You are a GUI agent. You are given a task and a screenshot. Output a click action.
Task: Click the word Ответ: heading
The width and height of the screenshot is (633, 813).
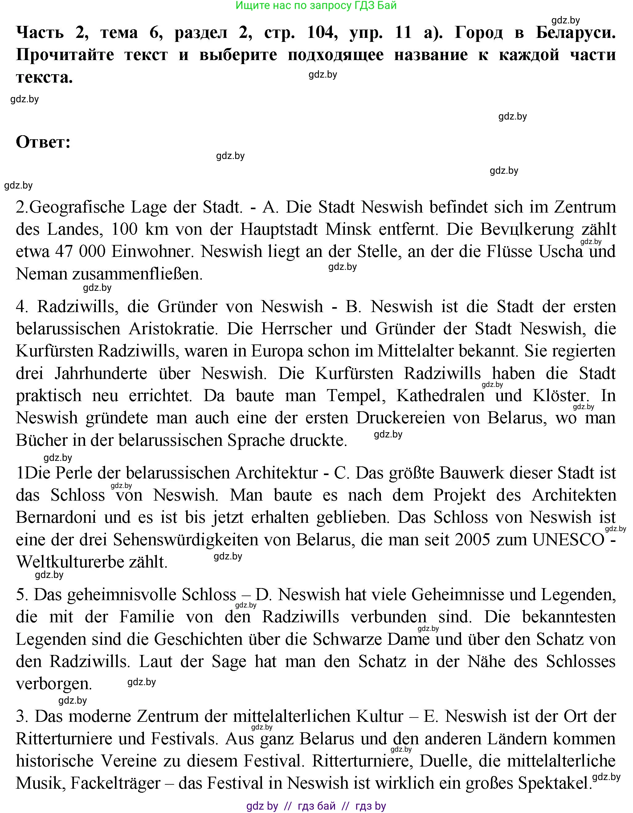coord(43,142)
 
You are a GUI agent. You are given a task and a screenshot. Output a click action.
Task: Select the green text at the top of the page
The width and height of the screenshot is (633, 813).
coord(316,6)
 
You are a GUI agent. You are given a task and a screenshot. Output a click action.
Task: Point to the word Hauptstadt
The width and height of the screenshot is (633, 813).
coord(279,229)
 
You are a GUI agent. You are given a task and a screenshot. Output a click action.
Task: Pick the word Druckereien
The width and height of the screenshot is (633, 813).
coord(400,418)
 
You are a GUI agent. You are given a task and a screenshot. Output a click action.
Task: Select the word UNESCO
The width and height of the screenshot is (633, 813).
coord(568,540)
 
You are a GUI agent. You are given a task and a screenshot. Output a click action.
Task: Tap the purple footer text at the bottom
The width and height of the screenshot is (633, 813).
coord(316,806)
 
